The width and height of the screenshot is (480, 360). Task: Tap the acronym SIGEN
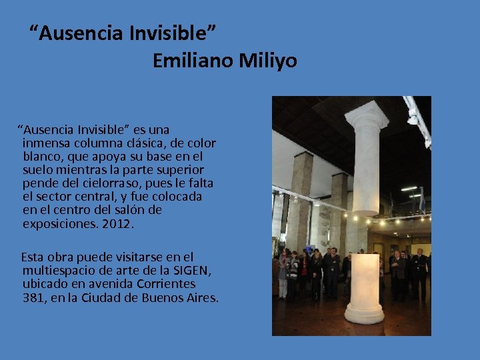(192, 270)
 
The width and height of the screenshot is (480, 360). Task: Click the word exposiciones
(61, 224)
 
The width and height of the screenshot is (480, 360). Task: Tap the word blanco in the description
(42, 156)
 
